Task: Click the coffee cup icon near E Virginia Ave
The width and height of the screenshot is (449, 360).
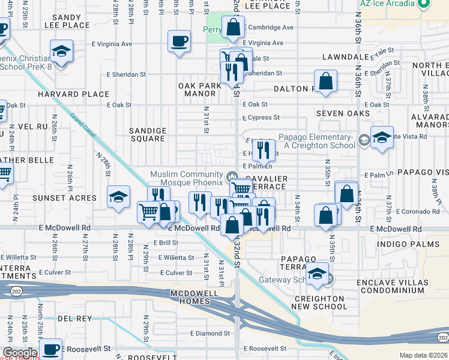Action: (179, 42)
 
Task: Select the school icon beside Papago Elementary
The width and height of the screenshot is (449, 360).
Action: (382, 139)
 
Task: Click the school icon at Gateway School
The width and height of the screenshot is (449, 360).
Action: (318, 274)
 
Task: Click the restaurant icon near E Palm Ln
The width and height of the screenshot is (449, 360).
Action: (263, 149)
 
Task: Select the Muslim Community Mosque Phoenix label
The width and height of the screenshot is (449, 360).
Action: (185, 178)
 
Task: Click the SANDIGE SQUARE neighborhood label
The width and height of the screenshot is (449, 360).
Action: (148, 134)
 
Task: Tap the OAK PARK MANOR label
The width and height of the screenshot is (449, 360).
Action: (200, 90)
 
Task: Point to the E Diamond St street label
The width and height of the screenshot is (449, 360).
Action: (209, 333)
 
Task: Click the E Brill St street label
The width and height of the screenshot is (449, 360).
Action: (166, 242)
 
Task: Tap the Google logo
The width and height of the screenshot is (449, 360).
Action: (19, 353)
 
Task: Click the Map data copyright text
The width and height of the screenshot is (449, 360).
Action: (423, 355)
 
